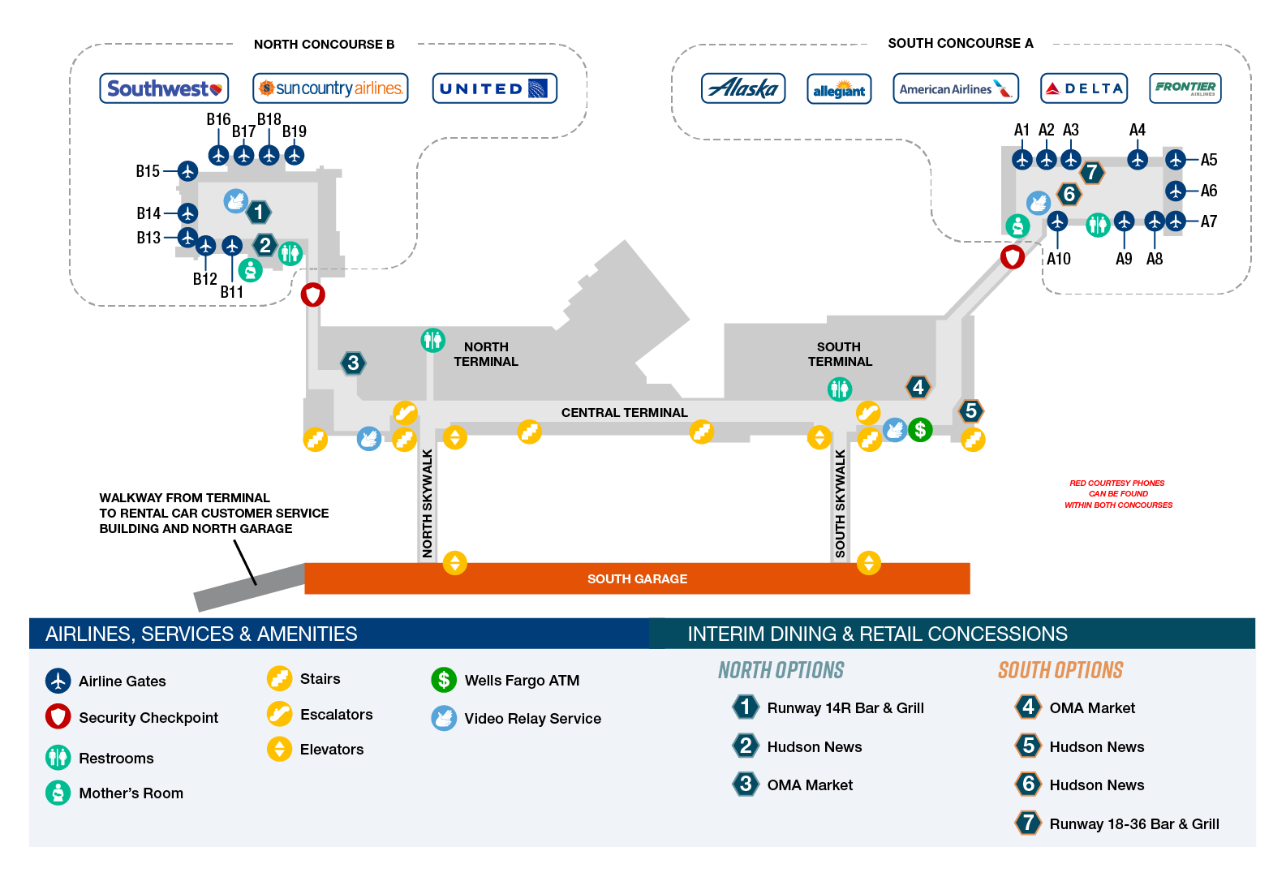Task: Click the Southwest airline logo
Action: pos(164,88)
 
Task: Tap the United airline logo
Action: pos(494,88)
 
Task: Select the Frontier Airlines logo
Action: pos(1185,88)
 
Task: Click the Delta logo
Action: pos(1084,88)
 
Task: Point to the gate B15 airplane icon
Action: pos(187,170)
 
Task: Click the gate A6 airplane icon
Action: pos(1175,191)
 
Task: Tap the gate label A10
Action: pos(1059,259)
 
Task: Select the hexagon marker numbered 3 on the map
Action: pos(352,363)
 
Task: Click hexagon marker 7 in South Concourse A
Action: pos(1091,172)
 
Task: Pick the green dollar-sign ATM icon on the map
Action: pos(920,429)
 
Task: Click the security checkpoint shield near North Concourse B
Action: pos(313,295)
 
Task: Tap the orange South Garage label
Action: pos(637,578)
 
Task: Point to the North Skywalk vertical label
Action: pos(427,503)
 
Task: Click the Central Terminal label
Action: pos(624,413)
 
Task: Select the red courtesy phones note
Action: pos(1118,494)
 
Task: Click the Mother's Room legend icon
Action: pos(58,793)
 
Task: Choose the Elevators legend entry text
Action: pos(332,749)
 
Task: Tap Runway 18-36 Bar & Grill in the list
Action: pos(1133,823)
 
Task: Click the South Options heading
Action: pos(1060,670)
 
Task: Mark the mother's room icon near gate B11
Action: pos(251,270)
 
